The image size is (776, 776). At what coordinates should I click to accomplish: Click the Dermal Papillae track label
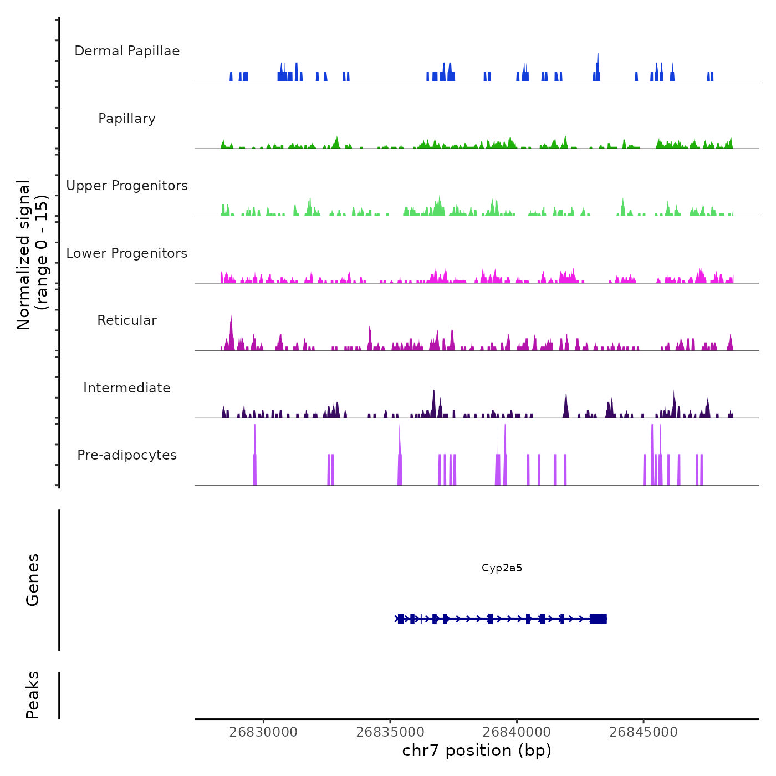click(x=127, y=51)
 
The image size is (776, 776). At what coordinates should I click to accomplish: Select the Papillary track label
click(x=127, y=119)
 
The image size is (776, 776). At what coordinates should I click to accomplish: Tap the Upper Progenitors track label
click(x=127, y=186)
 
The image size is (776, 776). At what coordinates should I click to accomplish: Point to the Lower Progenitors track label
click(x=127, y=253)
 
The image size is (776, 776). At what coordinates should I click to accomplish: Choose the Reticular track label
click(x=127, y=320)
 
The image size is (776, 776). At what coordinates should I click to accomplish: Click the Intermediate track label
click(x=127, y=388)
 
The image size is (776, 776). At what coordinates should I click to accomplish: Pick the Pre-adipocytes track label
click(x=127, y=455)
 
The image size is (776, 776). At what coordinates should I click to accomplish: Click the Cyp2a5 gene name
click(x=502, y=568)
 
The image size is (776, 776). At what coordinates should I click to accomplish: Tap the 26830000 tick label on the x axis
click(x=263, y=732)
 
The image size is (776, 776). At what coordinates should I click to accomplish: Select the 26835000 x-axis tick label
click(x=390, y=732)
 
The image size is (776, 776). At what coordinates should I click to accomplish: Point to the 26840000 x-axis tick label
click(x=517, y=732)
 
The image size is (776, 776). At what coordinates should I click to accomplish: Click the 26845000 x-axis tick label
click(x=644, y=732)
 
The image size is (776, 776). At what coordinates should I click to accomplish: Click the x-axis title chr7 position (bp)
click(x=477, y=751)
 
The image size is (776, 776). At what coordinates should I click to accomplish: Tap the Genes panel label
click(x=33, y=580)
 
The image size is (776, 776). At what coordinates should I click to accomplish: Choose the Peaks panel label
click(x=33, y=695)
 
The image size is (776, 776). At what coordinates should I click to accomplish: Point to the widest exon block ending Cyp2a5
click(x=599, y=619)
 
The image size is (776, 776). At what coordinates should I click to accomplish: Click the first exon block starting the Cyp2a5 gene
click(x=401, y=619)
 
